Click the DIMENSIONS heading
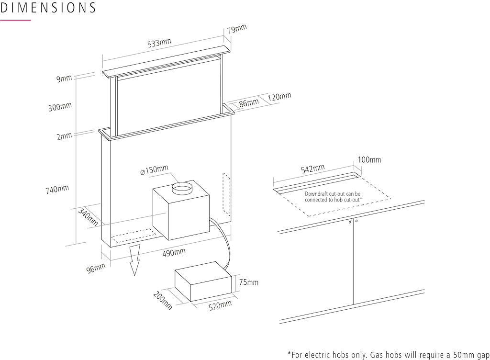click(48, 8)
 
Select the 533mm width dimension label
click(159, 43)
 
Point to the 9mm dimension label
click(64, 79)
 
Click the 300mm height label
click(60, 107)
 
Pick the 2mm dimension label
click(64, 136)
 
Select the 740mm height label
click(57, 190)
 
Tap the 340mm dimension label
click(88, 217)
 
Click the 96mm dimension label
click(96, 269)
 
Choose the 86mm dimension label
click(249, 102)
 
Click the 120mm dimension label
click(279, 96)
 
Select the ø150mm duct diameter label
click(154, 170)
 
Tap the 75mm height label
click(248, 282)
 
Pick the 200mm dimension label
click(162, 300)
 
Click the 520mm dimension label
click(220, 305)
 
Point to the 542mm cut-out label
click(312, 169)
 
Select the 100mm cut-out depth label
click(369, 159)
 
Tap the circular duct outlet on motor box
click(182, 187)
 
